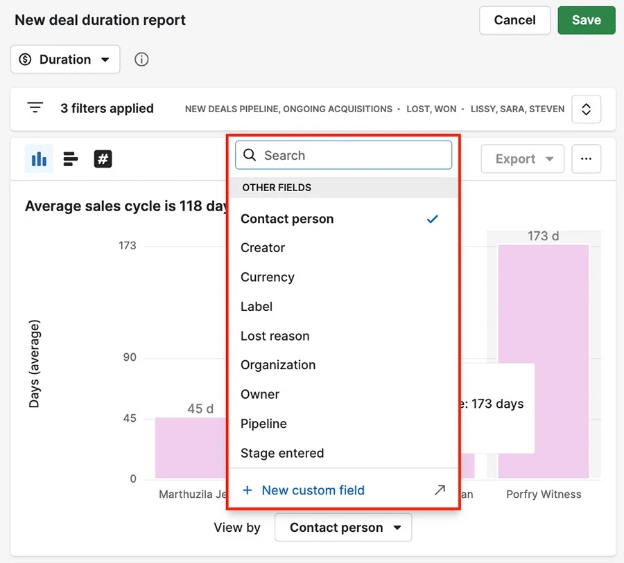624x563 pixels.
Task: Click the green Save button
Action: tap(586, 20)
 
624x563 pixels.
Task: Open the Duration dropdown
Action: tap(65, 60)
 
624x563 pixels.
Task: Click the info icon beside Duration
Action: tap(141, 60)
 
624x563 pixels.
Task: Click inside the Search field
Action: tap(343, 155)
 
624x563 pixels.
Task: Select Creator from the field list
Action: tap(263, 248)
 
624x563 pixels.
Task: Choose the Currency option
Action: tap(268, 277)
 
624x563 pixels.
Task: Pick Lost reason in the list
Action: tap(275, 336)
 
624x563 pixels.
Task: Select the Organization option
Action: tap(278, 365)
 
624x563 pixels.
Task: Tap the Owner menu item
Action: tap(260, 394)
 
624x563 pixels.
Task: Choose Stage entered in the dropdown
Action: tap(282, 453)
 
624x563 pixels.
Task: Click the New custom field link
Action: tap(313, 490)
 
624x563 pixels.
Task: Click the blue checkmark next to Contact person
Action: tap(433, 219)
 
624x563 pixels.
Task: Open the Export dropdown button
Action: tap(523, 159)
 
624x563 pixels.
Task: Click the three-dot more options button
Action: tap(586, 159)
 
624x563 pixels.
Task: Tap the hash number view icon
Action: tap(103, 159)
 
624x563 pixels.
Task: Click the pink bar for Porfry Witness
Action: tap(543, 360)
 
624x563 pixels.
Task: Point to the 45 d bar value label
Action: tap(200, 409)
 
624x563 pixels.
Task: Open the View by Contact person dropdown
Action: tap(343, 528)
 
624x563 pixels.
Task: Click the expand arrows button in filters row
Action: tap(586, 109)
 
